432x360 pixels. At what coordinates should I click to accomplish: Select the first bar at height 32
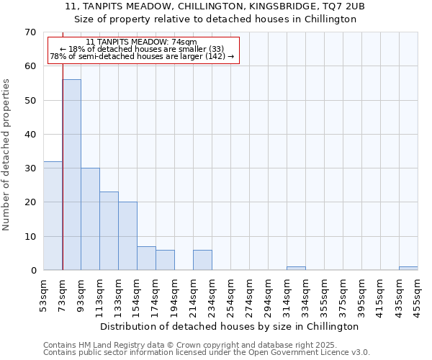tap(53, 216)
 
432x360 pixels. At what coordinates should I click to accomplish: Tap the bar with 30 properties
tap(90, 219)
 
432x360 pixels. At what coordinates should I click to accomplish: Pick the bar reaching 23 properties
tap(109, 231)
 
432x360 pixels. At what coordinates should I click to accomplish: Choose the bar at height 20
tap(127, 236)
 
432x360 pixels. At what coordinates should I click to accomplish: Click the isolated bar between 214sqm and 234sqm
tap(202, 260)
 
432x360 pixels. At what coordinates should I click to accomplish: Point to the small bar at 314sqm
tap(296, 269)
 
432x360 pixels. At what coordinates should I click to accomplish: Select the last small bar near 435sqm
tap(408, 269)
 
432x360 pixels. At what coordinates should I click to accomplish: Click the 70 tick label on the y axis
tap(30, 32)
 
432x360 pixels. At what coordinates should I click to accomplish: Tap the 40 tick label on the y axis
tap(30, 135)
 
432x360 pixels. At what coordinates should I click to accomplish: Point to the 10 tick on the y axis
tap(30, 237)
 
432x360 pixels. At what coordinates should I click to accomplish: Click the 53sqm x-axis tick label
tap(44, 294)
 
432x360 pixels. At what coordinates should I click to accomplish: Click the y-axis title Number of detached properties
tap(7, 155)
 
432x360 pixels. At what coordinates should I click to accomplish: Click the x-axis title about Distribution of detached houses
tap(230, 326)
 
